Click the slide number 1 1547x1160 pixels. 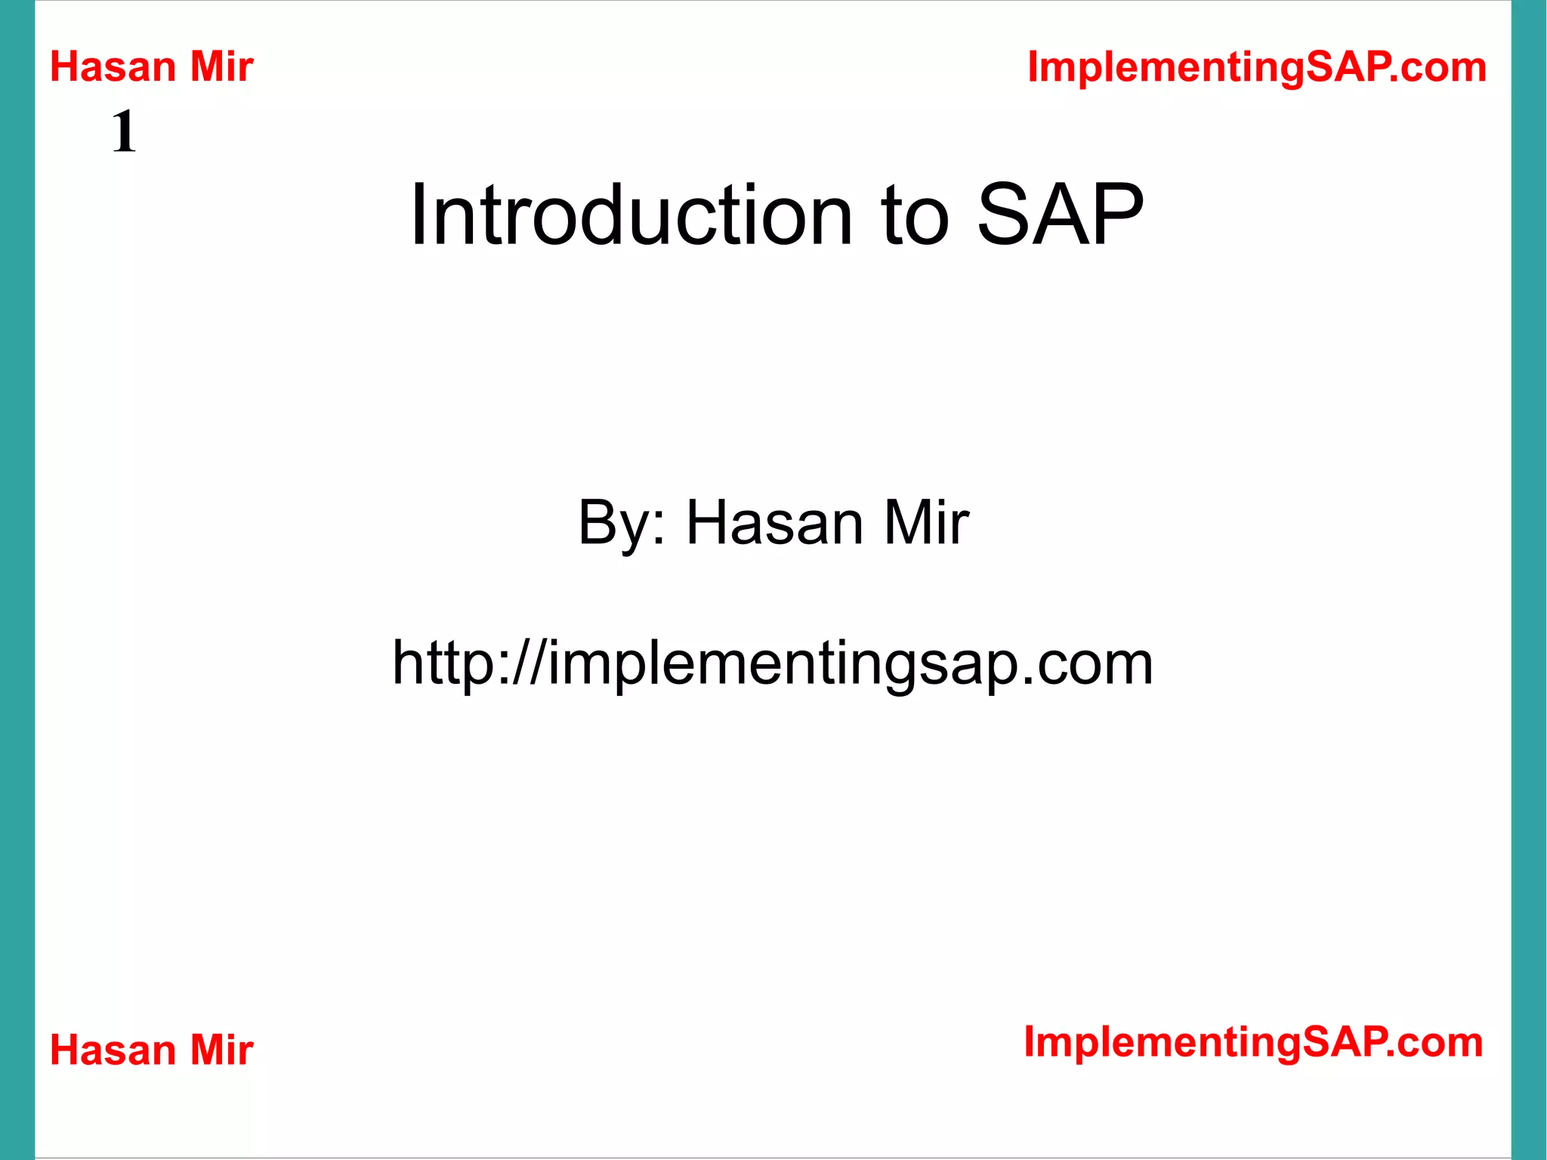(x=125, y=131)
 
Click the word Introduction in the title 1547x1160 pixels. (x=631, y=216)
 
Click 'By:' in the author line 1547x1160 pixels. (x=622, y=523)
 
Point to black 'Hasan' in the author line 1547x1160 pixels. (x=774, y=523)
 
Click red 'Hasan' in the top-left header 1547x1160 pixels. (x=113, y=67)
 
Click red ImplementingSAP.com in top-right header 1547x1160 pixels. (x=1257, y=67)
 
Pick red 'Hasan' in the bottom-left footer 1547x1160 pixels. (x=113, y=1050)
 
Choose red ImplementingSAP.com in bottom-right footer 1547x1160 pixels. (x=1253, y=1043)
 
